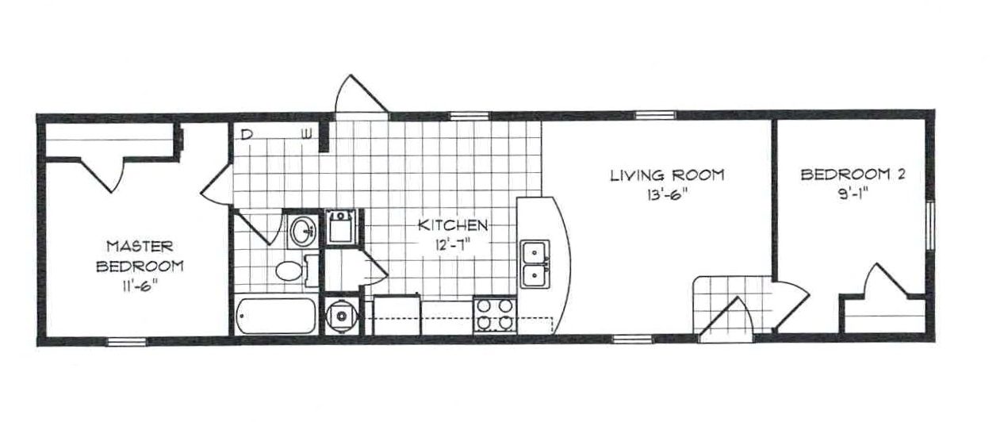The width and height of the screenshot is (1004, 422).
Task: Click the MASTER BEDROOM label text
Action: tap(140, 256)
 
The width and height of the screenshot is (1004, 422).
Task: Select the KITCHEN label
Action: tap(453, 224)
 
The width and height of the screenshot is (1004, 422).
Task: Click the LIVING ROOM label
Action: tap(667, 175)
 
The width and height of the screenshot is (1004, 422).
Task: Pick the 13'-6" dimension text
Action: tap(666, 195)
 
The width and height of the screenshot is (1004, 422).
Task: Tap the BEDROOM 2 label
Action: tap(853, 174)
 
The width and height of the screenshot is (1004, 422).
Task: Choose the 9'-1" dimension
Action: tap(853, 195)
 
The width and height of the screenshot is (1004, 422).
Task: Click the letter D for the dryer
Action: tap(245, 134)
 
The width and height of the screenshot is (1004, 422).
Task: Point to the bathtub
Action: tap(275, 316)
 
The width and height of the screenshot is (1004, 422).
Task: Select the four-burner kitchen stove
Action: tap(495, 315)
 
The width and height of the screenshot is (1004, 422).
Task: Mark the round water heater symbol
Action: tap(342, 316)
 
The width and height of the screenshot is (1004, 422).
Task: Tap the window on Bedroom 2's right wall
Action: tap(930, 225)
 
